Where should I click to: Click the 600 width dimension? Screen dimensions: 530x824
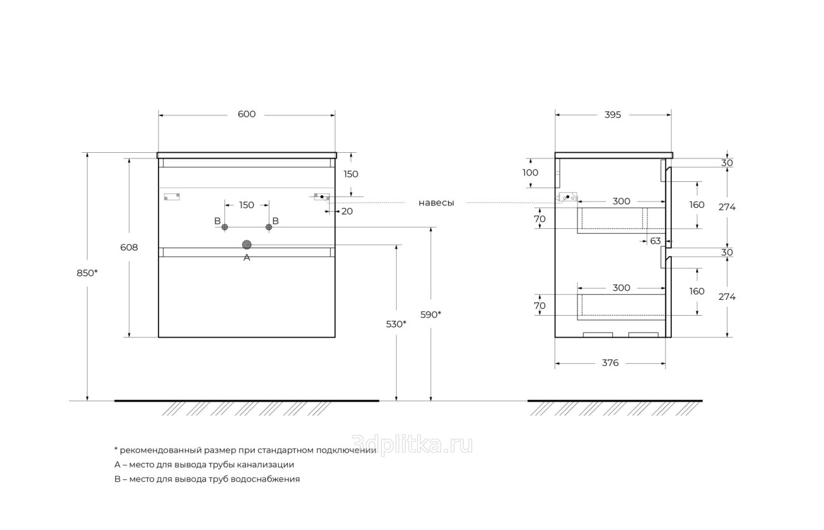pos(247,115)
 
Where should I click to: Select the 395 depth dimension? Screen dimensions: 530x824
pos(612,115)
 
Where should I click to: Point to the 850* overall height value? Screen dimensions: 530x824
pos(87,273)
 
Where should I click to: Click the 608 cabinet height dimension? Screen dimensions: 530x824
pos(129,247)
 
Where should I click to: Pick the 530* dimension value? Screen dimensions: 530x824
pos(396,324)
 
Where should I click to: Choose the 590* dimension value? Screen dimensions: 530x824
pos(431,314)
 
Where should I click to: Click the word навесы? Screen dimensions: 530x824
pos(436,203)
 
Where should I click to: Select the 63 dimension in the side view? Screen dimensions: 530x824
pos(655,241)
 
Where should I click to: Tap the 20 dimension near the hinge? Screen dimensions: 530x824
pos(347,212)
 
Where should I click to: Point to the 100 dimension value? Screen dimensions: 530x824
pos(530,172)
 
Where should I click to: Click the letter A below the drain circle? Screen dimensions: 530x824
pos(247,257)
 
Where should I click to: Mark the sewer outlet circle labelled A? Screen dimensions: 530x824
pos(247,245)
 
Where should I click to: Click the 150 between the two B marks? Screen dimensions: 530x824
pos(247,205)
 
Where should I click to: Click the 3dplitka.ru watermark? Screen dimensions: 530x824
pos(412,446)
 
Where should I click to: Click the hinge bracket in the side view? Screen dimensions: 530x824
pos(567,197)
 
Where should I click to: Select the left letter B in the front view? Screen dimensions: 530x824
pos(217,221)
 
